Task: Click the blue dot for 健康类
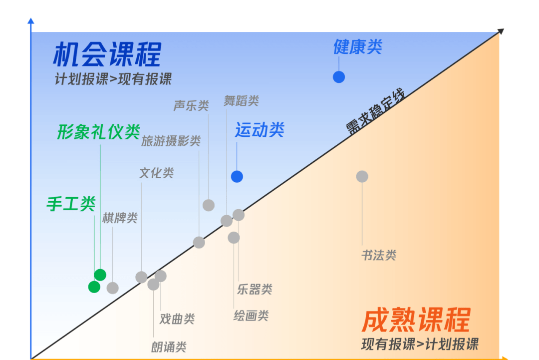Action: click(x=338, y=77)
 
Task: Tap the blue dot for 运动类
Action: click(x=237, y=177)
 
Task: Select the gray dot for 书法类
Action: click(x=362, y=176)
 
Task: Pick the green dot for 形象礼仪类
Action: click(x=100, y=275)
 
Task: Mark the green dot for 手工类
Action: click(x=94, y=287)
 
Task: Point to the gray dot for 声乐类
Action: click(x=209, y=205)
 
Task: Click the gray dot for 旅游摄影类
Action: click(x=199, y=242)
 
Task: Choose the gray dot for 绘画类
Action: click(x=234, y=238)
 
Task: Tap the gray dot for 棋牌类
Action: click(x=113, y=288)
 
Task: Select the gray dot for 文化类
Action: click(x=141, y=277)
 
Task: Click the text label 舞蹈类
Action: click(x=242, y=101)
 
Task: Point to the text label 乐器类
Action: click(x=255, y=289)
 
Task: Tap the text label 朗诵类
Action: click(x=169, y=347)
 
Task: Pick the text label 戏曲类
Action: click(x=177, y=319)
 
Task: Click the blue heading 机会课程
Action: click(x=107, y=54)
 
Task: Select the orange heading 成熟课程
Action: click(x=416, y=320)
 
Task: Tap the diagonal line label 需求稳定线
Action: click(x=375, y=112)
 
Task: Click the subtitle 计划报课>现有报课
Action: click(x=113, y=79)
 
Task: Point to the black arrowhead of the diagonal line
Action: click(x=501, y=31)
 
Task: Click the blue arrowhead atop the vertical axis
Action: click(x=31, y=20)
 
